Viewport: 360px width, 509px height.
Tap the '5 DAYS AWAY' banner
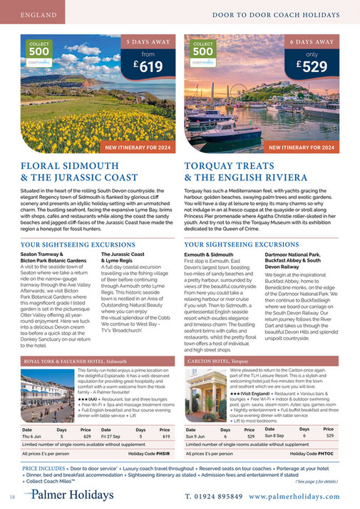147,42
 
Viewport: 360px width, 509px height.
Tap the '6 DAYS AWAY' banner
312,42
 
